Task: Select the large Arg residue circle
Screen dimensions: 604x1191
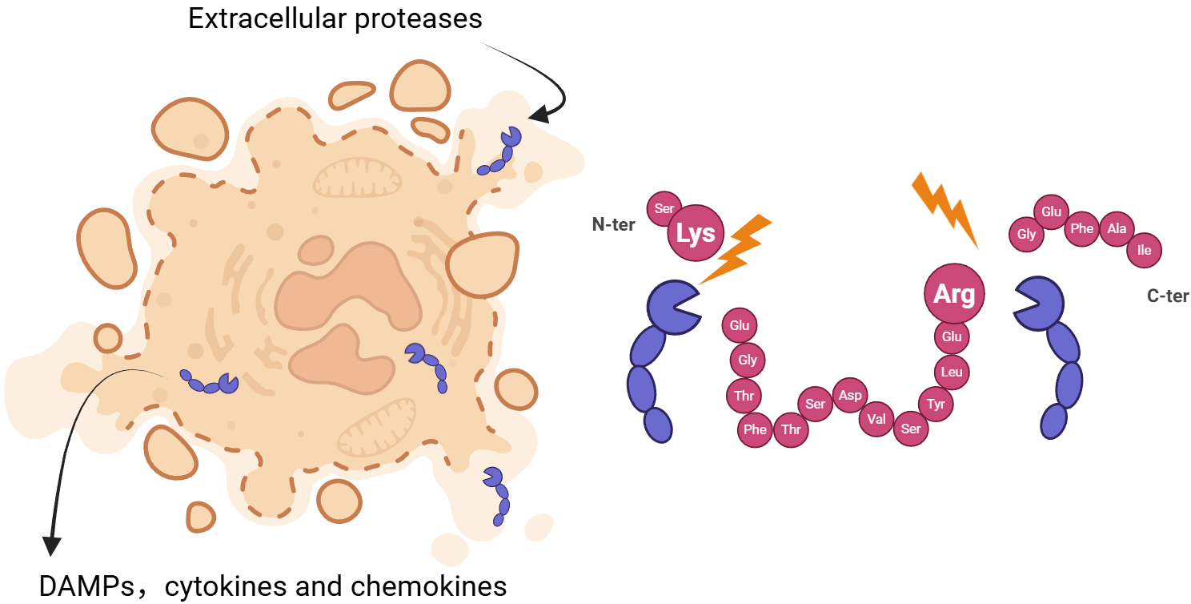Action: coord(954,294)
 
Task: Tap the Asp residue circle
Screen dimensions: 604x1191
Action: coord(850,396)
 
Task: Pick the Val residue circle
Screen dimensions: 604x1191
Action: coord(876,418)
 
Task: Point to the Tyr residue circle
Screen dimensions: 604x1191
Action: coord(936,405)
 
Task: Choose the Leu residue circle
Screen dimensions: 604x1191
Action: coord(952,372)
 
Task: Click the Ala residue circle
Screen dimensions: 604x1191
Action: coord(1117,229)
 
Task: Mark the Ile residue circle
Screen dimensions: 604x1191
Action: coord(1144,250)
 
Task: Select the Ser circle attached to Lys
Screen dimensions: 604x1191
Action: coord(664,208)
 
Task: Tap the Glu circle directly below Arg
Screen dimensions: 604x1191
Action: coord(952,336)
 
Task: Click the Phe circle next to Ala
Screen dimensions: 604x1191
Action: coord(1081,229)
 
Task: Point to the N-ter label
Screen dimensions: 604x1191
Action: coord(613,225)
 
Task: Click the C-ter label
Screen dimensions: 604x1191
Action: coord(1168,296)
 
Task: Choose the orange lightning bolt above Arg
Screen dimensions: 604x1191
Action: coord(944,206)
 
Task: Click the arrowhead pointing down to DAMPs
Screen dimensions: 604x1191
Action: coord(52,546)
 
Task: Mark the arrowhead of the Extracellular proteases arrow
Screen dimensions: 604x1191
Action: coord(539,116)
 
